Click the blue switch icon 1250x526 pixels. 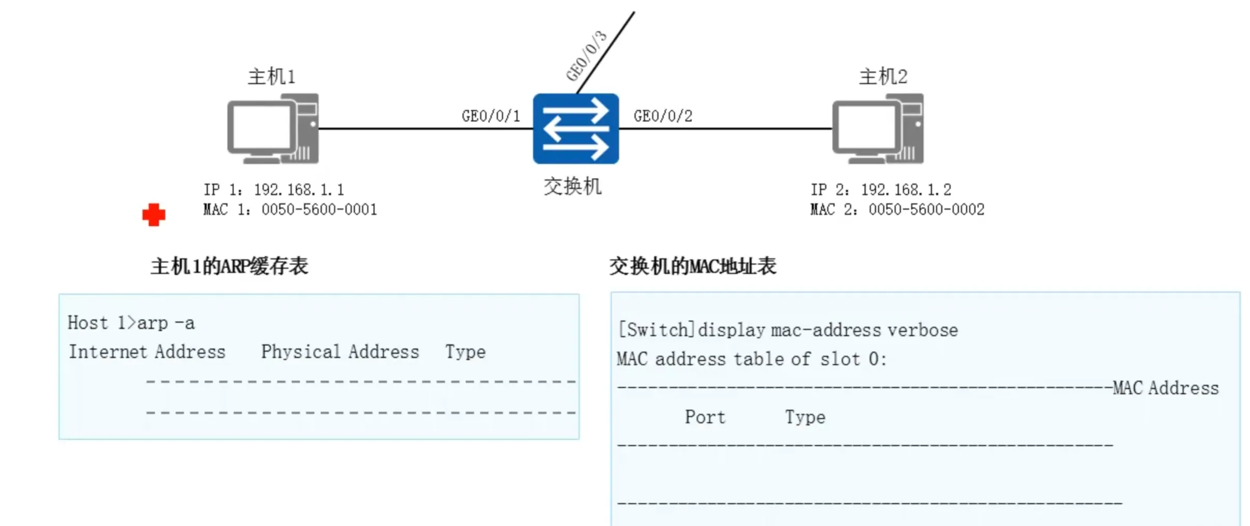pyautogui.click(x=576, y=129)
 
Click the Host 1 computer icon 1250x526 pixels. pyautogui.click(x=273, y=129)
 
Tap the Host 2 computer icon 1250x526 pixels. pyautogui.click(x=878, y=129)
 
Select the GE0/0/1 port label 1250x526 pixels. pyautogui.click(x=491, y=116)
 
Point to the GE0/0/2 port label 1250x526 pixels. pyautogui.click(x=663, y=116)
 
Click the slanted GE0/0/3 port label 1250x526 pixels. pyautogui.click(x=586, y=56)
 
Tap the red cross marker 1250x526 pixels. pyautogui.click(x=154, y=215)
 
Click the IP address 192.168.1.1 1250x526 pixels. pyautogui.click(x=299, y=190)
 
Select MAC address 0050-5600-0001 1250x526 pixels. pyautogui.click(x=319, y=209)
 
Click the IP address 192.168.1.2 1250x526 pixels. pyautogui.click(x=906, y=190)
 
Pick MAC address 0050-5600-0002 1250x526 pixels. pyautogui.click(x=926, y=209)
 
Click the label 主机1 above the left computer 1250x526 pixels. pyautogui.click(x=271, y=77)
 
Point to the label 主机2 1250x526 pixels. pyautogui.click(x=883, y=77)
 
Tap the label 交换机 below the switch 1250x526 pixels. pyautogui.click(x=572, y=187)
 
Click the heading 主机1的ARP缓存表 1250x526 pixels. pyautogui.click(x=229, y=266)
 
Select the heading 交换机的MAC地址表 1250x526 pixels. pyautogui.click(x=692, y=266)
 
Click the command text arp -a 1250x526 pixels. pyautogui.click(x=166, y=323)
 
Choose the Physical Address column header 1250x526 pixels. pyautogui.click(x=340, y=352)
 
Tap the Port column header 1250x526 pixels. pyautogui.click(x=705, y=417)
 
